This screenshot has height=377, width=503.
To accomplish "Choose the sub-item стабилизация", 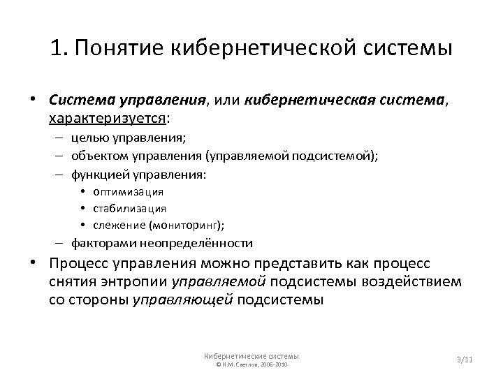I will click(x=133, y=208).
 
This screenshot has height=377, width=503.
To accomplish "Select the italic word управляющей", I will click(x=183, y=300).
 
